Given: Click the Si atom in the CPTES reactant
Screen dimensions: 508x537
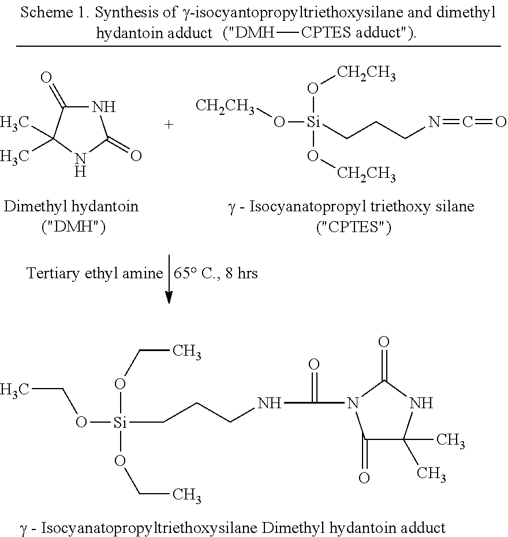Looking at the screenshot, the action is pos(313,122).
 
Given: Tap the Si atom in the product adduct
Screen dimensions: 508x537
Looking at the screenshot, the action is pos(120,423).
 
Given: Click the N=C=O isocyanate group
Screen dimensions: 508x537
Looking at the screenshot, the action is pos(467,122).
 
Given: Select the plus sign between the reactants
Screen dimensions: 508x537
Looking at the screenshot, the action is pos(169,124).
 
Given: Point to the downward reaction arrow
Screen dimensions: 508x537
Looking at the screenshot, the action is pos(169,279).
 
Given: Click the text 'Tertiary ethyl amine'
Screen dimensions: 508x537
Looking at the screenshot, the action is pos(95,273).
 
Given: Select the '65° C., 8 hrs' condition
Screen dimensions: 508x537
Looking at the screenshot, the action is pos(216,273).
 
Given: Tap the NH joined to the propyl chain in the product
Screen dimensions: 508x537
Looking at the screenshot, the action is pos(269,403).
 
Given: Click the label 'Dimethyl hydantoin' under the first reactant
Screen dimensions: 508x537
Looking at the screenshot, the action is pos(71,207).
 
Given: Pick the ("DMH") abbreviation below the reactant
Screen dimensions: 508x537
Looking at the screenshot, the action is pos(73,227).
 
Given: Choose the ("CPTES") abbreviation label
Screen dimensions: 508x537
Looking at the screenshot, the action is pos(354,227).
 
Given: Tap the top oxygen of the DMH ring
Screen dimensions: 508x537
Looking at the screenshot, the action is pos(46,77).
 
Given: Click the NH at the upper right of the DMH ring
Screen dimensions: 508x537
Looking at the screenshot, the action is pos(104,107).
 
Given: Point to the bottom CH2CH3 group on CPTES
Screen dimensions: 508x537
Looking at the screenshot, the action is pos(367,174).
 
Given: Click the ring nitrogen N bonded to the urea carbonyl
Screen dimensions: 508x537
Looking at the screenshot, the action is pos(353,403).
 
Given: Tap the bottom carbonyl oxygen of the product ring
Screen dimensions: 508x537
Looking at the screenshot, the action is pos(364,478).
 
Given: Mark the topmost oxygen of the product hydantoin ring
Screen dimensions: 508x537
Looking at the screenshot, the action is pos(384,341).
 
